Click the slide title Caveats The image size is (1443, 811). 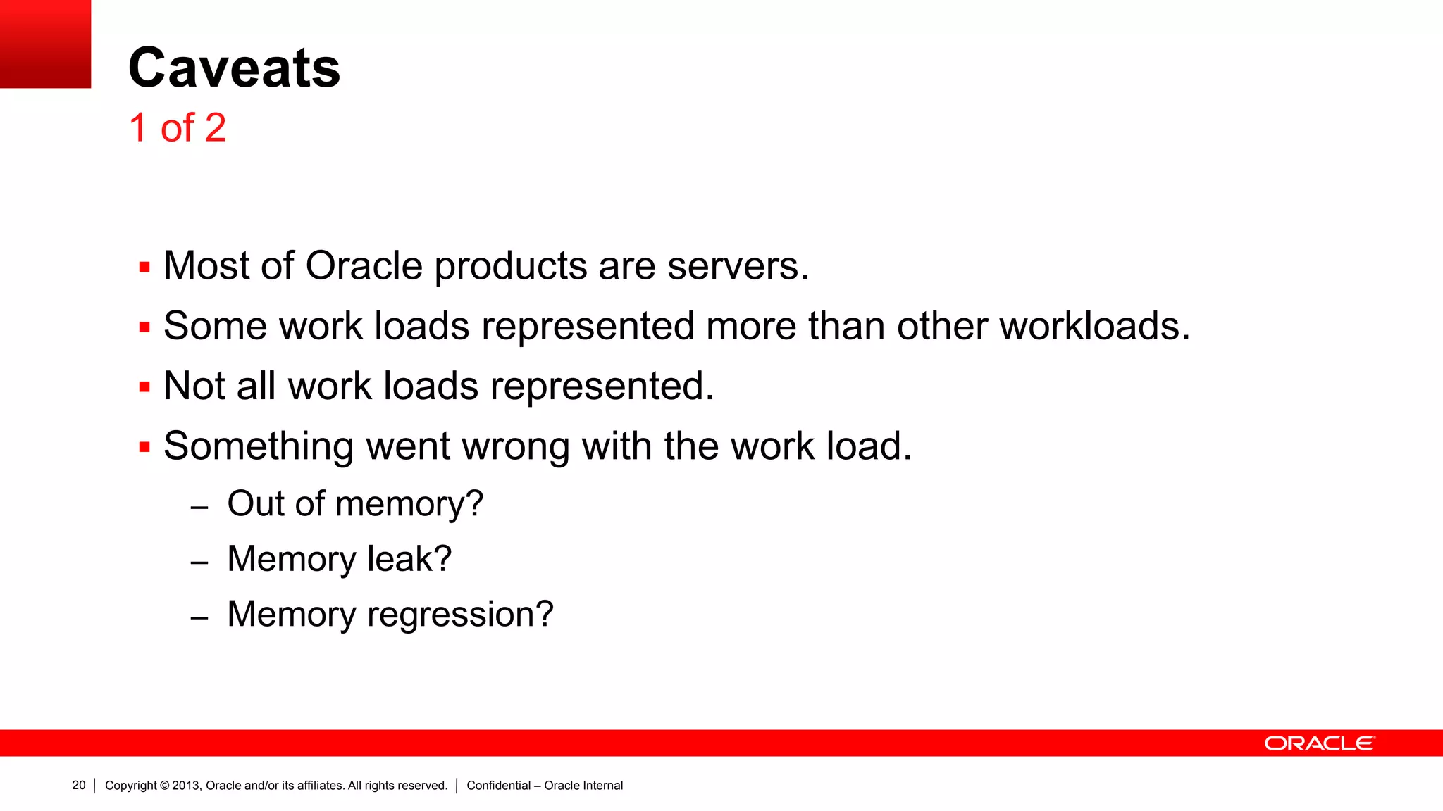pyautogui.click(x=234, y=68)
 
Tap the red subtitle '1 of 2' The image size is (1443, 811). pyautogui.click(x=178, y=128)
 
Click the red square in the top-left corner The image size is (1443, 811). pyautogui.click(x=45, y=44)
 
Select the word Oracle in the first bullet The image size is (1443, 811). pyautogui.click(x=364, y=266)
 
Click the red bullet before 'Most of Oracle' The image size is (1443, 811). pyautogui.click(x=144, y=268)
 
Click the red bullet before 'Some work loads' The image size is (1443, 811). pyautogui.click(x=144, y=327)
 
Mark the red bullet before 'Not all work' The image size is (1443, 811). pyautogui.click(x=144, y=387)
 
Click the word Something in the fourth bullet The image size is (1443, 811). pyautogui.click(x=259, y=446)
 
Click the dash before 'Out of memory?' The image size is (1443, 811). pyautogui.click(x=199, y=508)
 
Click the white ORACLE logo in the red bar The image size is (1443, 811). pyautogui.click(x=1319, y=743)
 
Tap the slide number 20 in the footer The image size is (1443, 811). pyautogui.click(x=79, y=785)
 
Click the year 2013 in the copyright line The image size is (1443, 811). pyautogui.click(x=186, y=786)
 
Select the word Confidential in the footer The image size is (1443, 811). pyautogui.click(x=498, y=786)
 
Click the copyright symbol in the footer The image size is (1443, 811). pyautogui.click(x=165, y=786)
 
